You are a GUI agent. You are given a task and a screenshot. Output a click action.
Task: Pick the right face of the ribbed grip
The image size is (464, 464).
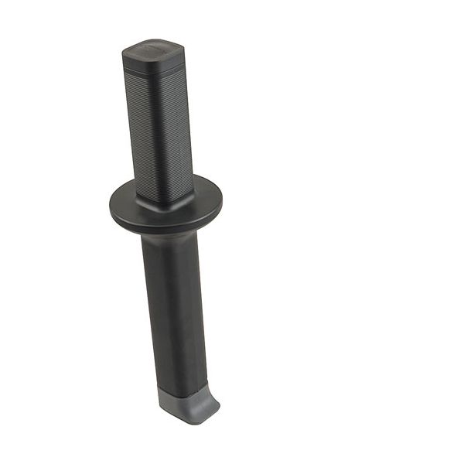[x=181, y=128]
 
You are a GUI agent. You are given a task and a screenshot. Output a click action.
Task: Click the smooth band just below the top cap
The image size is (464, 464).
[x=155, y=69]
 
